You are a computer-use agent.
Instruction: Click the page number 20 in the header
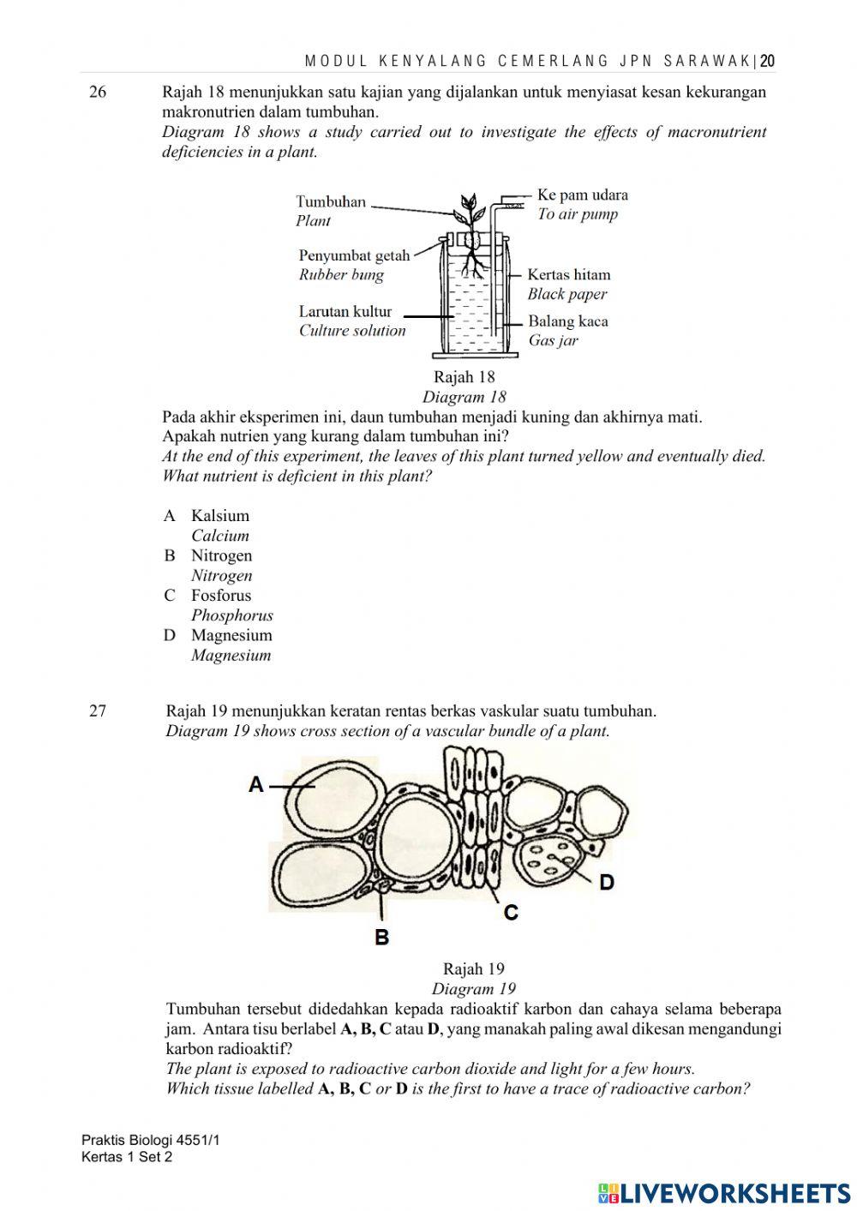(x=767, y=61)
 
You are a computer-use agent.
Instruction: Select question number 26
(x=98, y=92)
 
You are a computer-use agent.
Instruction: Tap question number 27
(x=98, y=710)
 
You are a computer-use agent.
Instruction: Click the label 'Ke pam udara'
(x=582, y=195)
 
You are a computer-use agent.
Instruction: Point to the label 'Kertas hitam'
(x=568, y=274)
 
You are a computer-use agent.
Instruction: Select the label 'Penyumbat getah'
(x=354, y=255)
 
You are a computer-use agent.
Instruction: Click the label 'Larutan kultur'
(x=345, y=311)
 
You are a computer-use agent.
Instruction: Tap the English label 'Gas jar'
(x=553, y=340)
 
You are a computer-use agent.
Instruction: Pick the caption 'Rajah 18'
(x=464, y=376)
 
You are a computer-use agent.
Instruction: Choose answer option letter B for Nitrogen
(x=170, y=555)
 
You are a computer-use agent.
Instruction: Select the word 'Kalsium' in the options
(x=220, y=515)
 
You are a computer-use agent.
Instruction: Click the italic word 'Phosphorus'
(x=231, y=614)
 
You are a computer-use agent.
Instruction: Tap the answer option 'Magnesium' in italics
(x=231, y=655)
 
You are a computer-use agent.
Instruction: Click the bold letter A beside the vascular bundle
(x=256, y=783)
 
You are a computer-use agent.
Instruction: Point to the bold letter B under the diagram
(x=382, y=938)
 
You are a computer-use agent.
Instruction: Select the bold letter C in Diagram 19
(x=511, y=913)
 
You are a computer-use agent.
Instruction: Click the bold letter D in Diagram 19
(x=607, y=882)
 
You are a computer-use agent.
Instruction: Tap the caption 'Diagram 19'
(x=473, y=988)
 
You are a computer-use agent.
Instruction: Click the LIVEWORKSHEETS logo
(x=724, y=1193)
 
